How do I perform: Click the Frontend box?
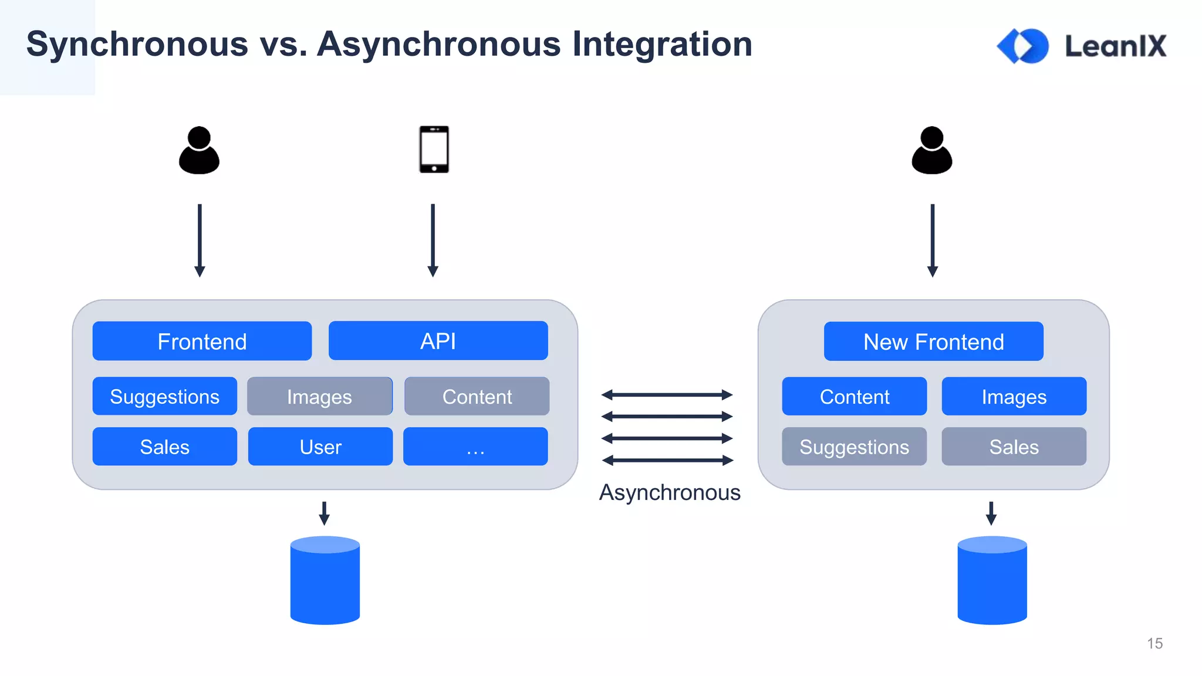(x=202, y=341)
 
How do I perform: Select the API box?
(x=438, y=340)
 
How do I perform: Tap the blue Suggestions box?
(x=164, y=396)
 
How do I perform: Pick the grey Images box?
(x=319, y=396)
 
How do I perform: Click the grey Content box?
(x=477, y=396)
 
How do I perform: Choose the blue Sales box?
(x=164, y=447)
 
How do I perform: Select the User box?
(x=320, y=447)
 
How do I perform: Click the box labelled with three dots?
(x=475, y=447)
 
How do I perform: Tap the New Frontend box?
(x=933, y=341)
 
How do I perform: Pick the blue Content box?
(x=854, y=396)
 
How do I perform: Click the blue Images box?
(x=1014, y=396)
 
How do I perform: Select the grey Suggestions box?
(x=854, y=447)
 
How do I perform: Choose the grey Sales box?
(x=1014, y=447)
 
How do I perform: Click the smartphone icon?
(x=434, y=150)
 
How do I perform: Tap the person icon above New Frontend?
(x=931, y=151)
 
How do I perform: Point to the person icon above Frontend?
(x=199, y=151)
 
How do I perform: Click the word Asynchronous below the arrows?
(x=669, y=492)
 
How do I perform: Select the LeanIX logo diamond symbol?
(x=1023, y=46)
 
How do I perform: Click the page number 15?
(x=1154, y=643)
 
